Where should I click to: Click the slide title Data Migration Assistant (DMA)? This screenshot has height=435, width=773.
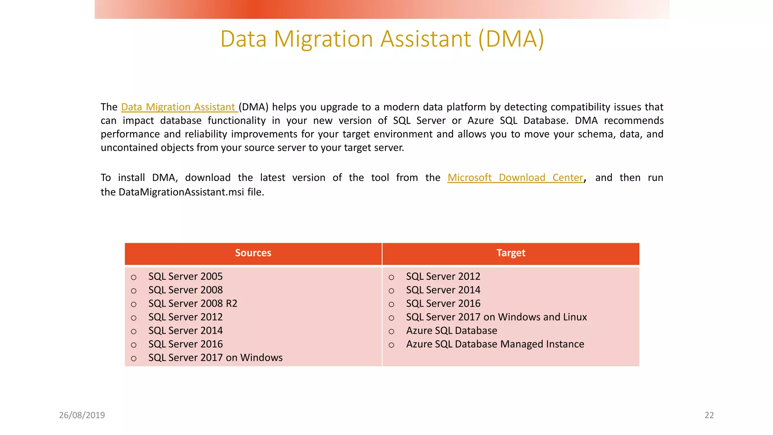tap(382, 39)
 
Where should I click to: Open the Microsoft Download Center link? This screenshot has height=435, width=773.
tap(515, 178)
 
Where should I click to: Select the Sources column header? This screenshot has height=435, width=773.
tap(253, 253)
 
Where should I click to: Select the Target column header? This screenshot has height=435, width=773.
tap(511, 253)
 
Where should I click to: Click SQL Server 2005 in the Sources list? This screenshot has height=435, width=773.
tap(185, 276)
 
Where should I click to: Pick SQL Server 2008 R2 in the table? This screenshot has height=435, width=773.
tap(192, 304)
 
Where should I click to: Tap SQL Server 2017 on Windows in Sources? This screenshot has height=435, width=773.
tap(215, 358)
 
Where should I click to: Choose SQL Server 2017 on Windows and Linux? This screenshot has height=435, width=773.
tap(496, 317)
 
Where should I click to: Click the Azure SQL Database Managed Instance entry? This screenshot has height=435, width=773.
tap(495, 344)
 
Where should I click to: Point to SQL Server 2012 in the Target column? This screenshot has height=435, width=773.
tap(443, 276)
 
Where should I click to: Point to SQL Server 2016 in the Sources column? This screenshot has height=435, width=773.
tap(185, 344)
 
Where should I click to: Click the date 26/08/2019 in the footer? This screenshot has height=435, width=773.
tap(82, 415)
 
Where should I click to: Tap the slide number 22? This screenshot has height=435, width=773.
tap(709, 415)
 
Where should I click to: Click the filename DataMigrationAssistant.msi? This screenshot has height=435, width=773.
tap(181, 192)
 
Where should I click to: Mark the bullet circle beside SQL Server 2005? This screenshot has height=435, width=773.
tap(134, 278)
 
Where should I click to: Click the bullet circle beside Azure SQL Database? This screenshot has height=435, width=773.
tap(391, 332)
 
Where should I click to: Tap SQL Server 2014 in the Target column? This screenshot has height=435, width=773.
tap(443, 290)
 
